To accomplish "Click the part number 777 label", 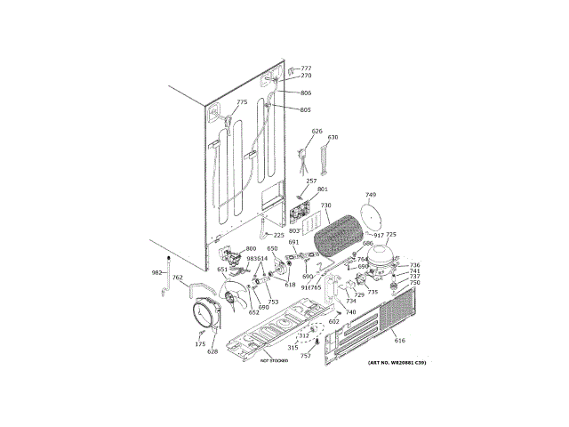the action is [306, 68].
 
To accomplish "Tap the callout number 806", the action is [306, 93].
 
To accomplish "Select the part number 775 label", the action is [242, 102].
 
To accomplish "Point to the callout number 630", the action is [333, 138].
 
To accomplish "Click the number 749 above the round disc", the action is [371, 194].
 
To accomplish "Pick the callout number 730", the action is [325, 205].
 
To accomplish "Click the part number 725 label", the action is [390, 235].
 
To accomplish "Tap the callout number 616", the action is [400, 341].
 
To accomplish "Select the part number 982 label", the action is [157, 273].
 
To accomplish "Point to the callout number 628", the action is [212, 351].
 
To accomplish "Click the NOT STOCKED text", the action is [275, 362].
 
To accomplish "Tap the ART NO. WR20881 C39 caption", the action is [397, 363].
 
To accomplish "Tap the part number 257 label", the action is [311, 181].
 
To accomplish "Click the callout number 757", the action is [306, 355].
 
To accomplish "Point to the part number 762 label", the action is [178, 278].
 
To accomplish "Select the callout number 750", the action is [414, 283].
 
